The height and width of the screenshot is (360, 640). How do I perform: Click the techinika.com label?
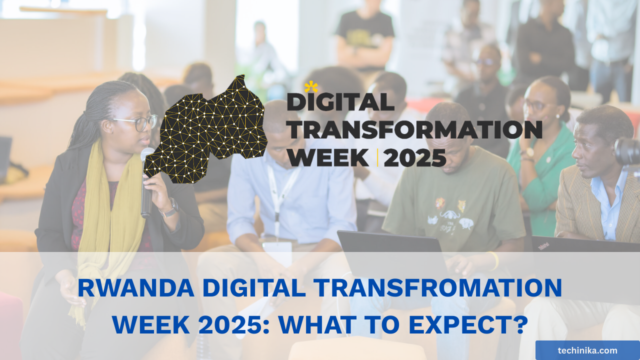pos(587,350)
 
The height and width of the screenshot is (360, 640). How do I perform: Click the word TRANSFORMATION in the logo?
pos(414,130)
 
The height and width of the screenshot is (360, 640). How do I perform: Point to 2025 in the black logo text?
pos(414,157)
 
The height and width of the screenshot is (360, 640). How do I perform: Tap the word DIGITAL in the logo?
pos(340,102)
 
